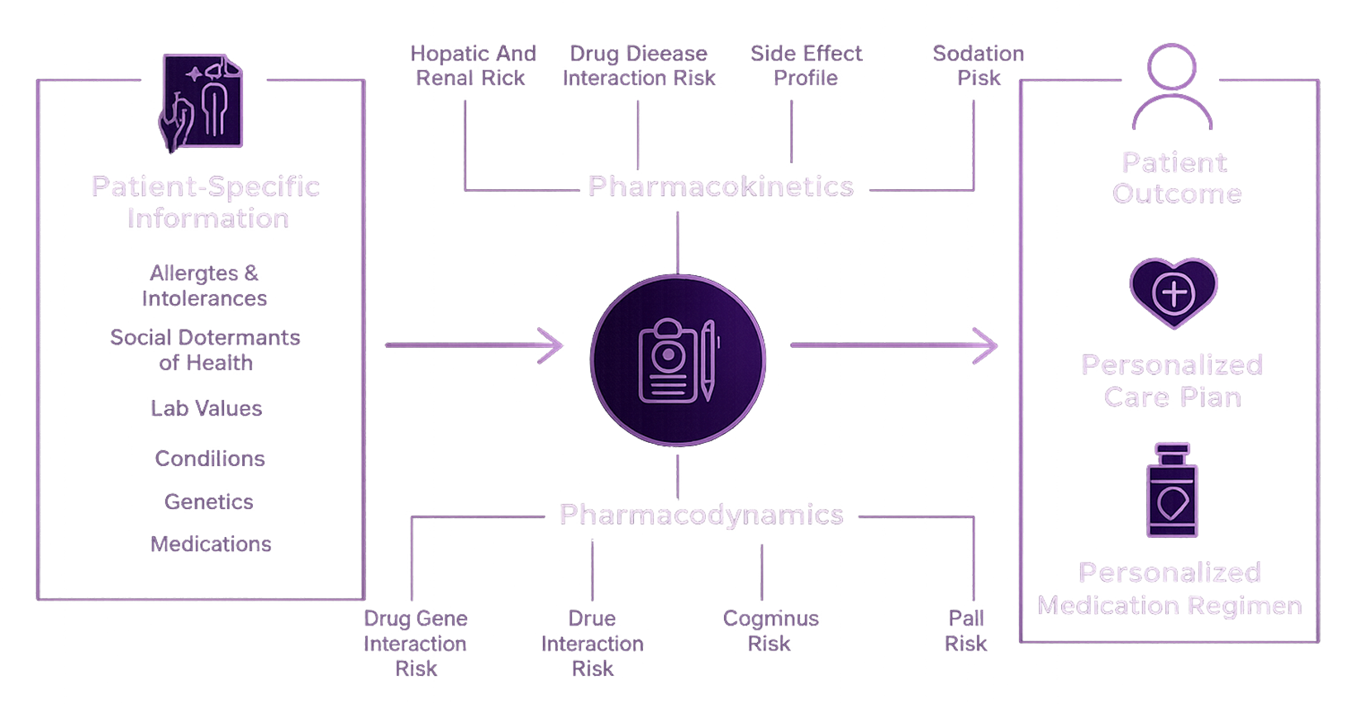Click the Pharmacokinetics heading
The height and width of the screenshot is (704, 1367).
720,187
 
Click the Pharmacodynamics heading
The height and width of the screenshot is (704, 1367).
701,514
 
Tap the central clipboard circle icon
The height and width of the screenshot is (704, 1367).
678,360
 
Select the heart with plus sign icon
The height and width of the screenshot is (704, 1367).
1173,292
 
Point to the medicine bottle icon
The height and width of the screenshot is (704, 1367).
1172,492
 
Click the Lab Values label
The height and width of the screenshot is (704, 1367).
207,408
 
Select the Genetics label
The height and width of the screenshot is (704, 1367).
209,502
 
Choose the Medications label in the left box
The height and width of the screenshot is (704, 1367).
211,544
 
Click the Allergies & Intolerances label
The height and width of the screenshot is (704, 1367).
204,285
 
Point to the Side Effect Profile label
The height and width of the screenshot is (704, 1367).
806,65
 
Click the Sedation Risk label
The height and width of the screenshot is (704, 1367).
979,65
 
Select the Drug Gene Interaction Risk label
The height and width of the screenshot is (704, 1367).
416,643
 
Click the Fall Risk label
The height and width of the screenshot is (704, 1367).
965,630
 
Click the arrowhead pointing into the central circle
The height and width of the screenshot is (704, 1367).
552,345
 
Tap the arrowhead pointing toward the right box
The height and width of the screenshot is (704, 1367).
986,345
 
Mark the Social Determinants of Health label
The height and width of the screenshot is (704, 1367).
206,350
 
